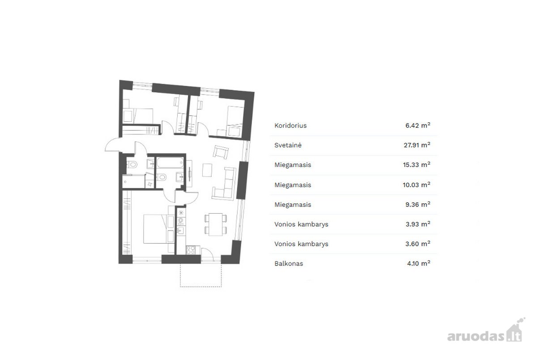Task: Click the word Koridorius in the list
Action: [x=290, y=125]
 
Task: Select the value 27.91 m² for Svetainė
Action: [x=417, y=145]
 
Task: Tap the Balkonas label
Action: [x=289, y=264]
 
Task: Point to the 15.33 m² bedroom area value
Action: [x=417, y=165]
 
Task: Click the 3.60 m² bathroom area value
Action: [x=418, y=244]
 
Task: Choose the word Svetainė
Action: [x=288, y=145]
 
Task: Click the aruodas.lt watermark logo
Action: [x=486, y=331]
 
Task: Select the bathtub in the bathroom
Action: [x=170, y=163]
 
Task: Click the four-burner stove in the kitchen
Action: [x=191, y=250]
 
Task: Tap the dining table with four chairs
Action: [x=216, y=224]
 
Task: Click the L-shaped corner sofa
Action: [x=224, y=184]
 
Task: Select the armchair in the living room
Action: [x=221, y=152]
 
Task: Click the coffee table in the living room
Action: [x=207, y=170]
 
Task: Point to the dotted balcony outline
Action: [x=201, y=287]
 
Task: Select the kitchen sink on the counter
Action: [x=180, y=231]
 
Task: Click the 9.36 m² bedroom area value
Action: [x=418, y=205]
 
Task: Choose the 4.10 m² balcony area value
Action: [x=418, y=264]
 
